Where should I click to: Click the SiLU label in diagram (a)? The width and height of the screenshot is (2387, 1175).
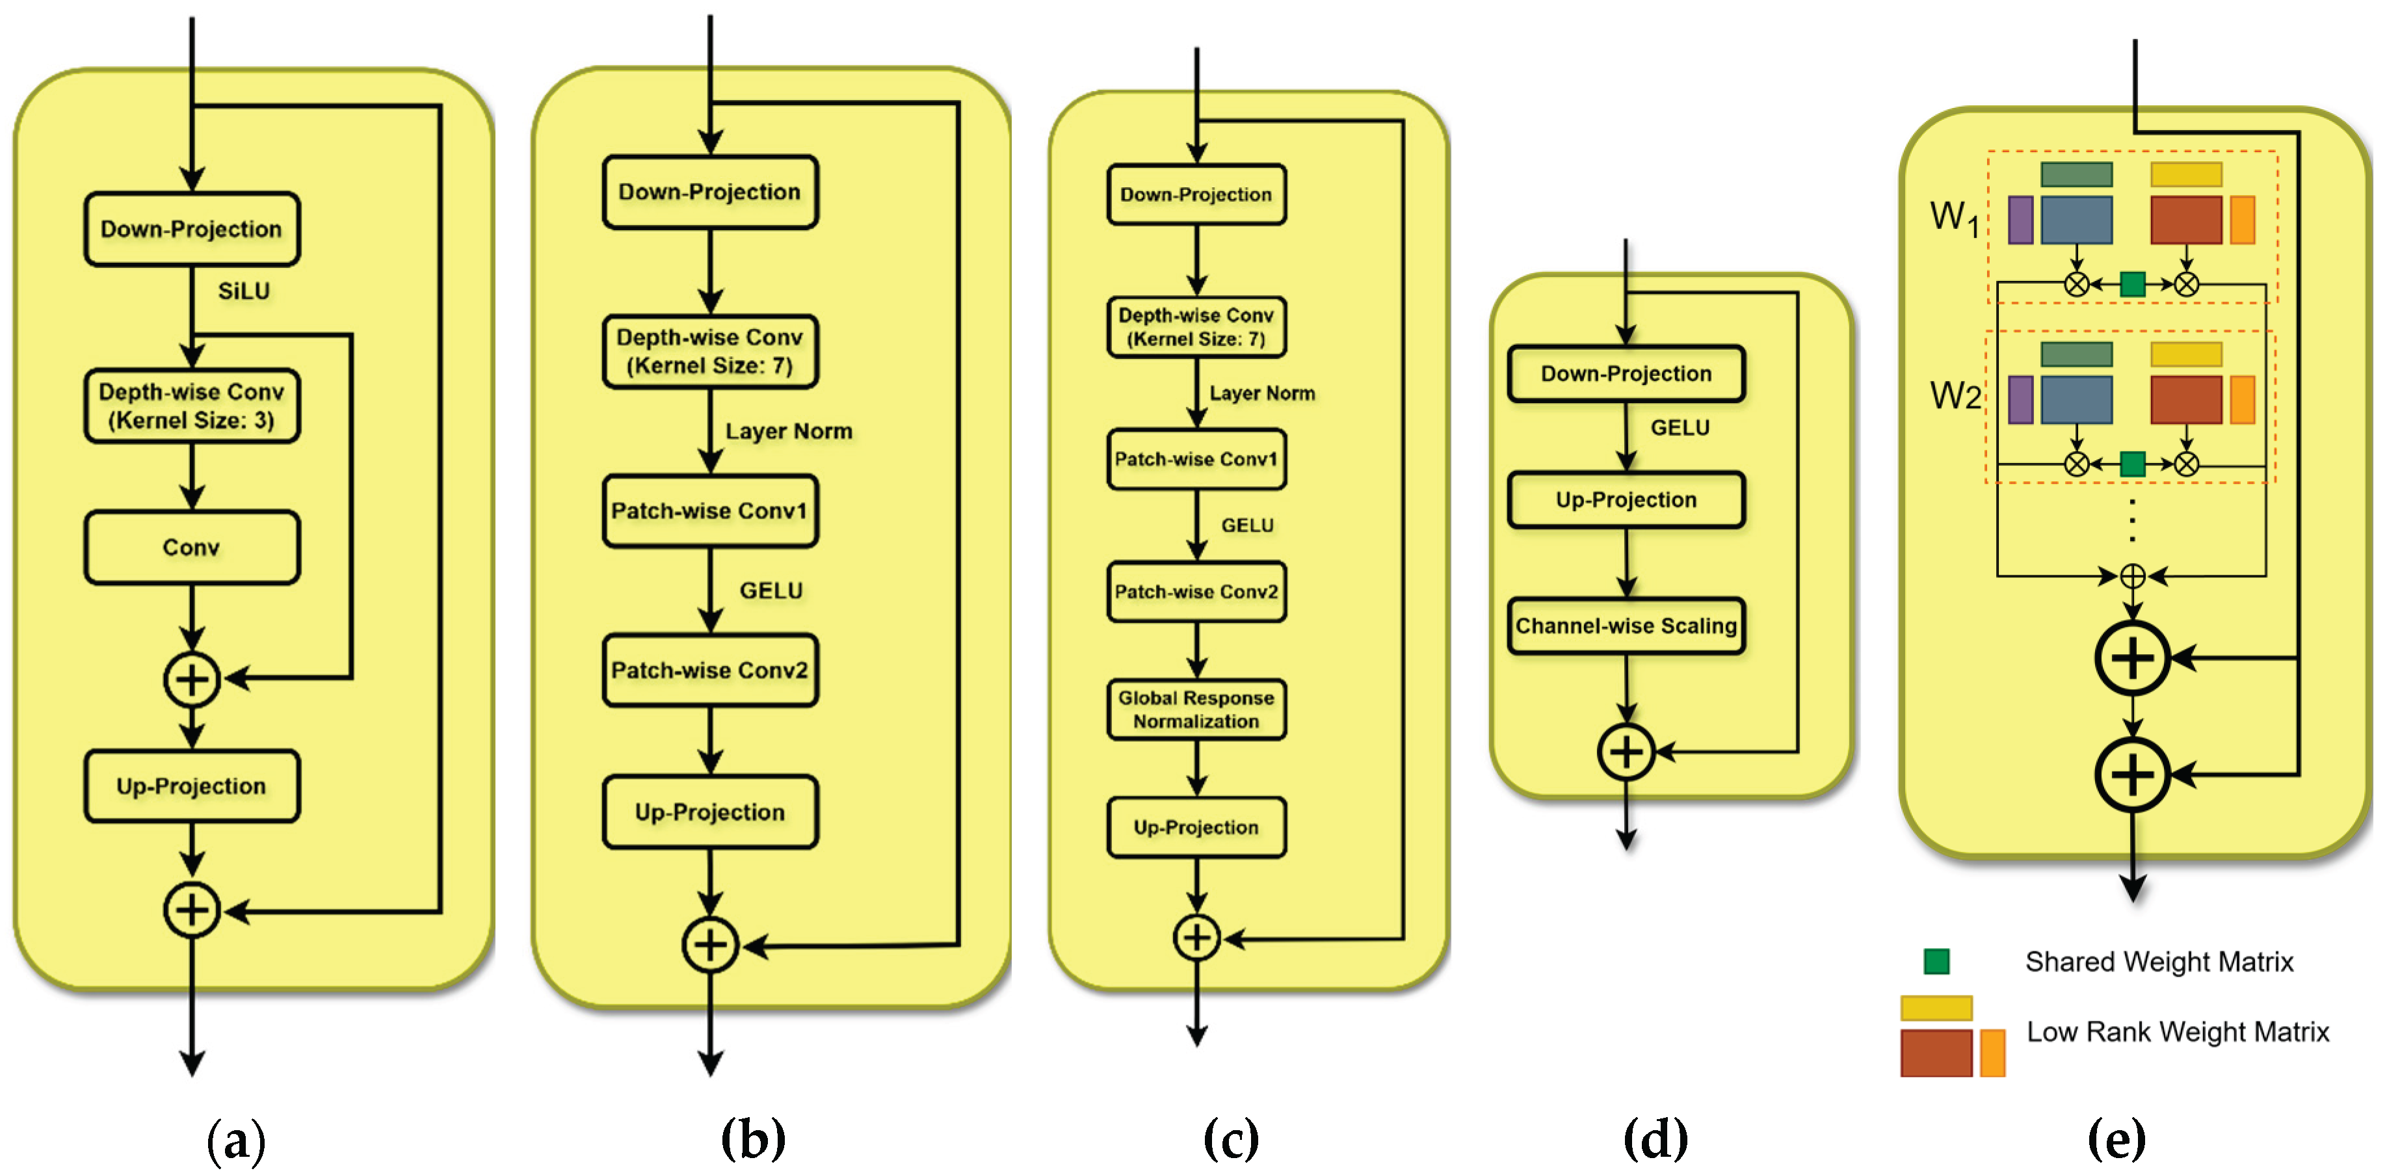point(244,291)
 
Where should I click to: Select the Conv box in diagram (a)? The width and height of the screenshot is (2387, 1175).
point(192,547)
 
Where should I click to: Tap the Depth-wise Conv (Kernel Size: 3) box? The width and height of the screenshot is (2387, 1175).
point(192,406)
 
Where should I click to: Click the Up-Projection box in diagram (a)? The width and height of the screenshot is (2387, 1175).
point(192,786)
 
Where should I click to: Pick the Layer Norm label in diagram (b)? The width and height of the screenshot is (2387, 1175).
point(789,431)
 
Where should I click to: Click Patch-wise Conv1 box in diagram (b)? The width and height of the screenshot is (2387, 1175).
point(710,510)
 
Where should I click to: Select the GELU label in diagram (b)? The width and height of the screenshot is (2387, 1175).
point(771,590)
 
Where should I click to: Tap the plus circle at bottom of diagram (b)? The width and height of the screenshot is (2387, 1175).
point(710,945)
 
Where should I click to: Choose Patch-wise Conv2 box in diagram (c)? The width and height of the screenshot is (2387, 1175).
point(1196,591)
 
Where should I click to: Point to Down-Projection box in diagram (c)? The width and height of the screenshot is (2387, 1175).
point(1196,194)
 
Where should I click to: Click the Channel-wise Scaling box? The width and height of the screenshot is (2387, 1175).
point(1626,626)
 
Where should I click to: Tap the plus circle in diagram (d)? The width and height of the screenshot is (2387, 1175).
point(1626,752)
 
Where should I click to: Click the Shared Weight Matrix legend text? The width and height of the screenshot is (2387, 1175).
point(2159,962)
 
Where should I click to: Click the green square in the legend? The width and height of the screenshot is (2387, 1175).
point(1936,961)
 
